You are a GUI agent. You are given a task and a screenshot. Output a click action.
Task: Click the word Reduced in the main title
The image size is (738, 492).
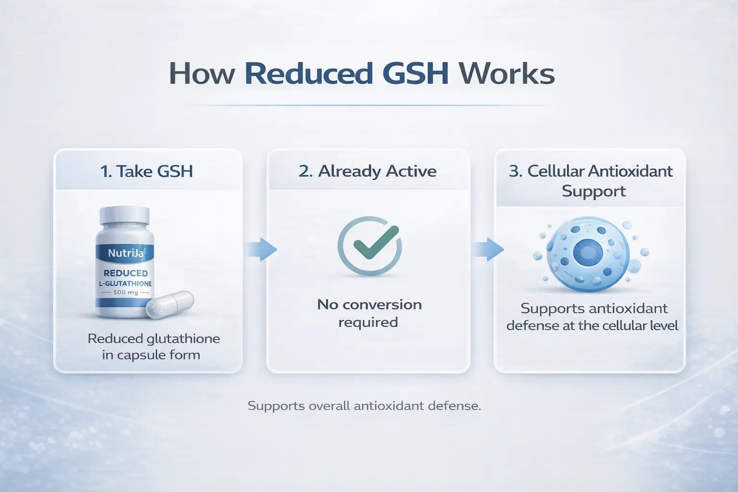pyautogui.click(x=309, y=74)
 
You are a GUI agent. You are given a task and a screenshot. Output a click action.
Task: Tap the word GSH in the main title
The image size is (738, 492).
pyautogui.click(x=416, y=74)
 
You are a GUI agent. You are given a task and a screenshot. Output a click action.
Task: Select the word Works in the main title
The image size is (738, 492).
pyautogui.click(x=506, y=74)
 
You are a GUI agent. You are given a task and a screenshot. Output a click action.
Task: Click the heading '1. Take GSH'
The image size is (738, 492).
pyautogui.click(x=147, y=172)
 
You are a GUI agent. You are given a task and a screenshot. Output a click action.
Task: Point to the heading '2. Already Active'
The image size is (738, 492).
pyautogui.click(x=368, y=172)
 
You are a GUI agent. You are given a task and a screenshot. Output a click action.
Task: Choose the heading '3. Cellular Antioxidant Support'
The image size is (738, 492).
pyautogui.click(x=591, y=181)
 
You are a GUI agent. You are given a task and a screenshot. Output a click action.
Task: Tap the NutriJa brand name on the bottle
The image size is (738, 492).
pyautogui.click(x=125, y=253)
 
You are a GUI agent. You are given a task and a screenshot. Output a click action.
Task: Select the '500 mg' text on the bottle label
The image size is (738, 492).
pyautogui.click(x=125, y=292)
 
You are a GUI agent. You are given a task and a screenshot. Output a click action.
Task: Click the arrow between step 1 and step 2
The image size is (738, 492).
pyautogui.click(x=263, y=249)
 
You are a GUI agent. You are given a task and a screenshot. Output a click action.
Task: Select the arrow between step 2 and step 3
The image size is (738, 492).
pyautogui.click(x=488, y=249)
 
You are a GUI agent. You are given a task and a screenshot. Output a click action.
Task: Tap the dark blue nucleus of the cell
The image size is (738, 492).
pyautogui.click(x=585, y=253)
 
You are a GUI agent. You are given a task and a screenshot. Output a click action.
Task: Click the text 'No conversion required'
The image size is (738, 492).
pyautogui.click(x=369, y=313)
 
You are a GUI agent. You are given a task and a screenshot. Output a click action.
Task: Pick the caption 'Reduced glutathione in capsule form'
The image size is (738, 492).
pyautogui.click(x=153, y=347)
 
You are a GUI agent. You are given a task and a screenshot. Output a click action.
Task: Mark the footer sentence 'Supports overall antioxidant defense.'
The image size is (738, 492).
pyautogui.click(x=364, y=406)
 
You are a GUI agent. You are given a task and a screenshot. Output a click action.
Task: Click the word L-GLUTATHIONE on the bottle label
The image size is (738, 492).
pyautogui.click(x=125, y=283)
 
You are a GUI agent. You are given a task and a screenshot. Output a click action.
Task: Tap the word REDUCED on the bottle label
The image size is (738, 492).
pyautogui.click(x=125, y=273)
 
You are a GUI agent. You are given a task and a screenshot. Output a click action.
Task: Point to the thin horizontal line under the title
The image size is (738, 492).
pyautogui.click(x=369, y=105)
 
